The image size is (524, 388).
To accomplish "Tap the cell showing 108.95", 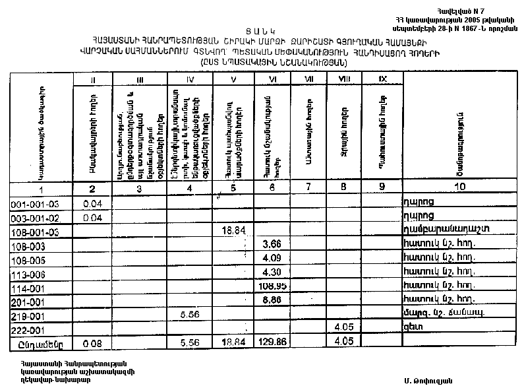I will pos(272,286).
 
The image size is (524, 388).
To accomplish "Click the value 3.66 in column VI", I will pos(272,245).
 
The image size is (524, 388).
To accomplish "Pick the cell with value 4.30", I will pos(272,273).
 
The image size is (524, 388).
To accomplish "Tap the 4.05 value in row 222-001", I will pos(345,327).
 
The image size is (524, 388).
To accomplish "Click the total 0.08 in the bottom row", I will pos(96,344).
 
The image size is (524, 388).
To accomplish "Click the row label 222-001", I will pos(30,329).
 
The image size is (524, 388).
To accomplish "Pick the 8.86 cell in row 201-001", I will pos(272,300).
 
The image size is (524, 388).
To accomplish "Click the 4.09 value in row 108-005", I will pos(272,259).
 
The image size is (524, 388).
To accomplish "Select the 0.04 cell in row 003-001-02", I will pos(96,217).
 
